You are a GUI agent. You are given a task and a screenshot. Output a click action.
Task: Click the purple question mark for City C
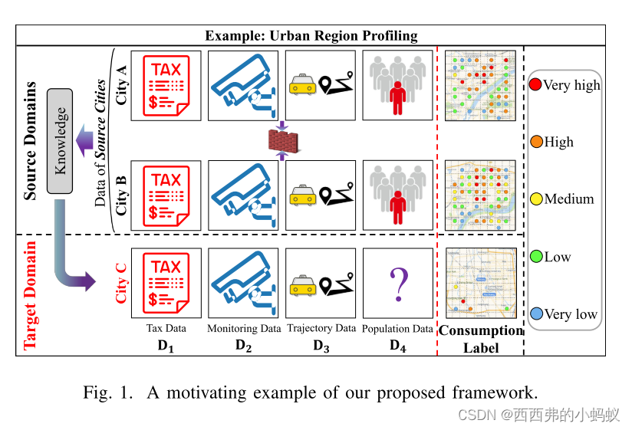click(397, 283)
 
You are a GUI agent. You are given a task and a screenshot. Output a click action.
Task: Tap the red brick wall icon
click(281, 141)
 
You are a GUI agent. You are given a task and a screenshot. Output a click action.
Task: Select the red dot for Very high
click(535, 84)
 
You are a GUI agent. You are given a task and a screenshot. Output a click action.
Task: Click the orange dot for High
click(536, 142)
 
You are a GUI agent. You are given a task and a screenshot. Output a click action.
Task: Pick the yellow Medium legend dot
click(536, 199)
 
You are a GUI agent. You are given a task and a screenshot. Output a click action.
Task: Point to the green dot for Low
click(536, 257)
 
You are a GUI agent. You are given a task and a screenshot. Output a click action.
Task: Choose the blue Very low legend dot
click(536, 313)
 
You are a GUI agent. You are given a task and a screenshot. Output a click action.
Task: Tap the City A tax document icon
click(166, 85)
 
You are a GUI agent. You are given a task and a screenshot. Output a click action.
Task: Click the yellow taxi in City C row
click(303, 286)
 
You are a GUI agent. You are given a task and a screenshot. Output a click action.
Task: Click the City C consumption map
click(479, 283)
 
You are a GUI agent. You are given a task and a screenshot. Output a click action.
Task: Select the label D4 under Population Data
click(397, 345)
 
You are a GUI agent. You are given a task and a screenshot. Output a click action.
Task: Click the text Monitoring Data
click(244, 329)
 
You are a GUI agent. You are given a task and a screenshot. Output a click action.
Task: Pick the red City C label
click(121, 281)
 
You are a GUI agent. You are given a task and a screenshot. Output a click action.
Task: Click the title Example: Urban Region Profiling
click(311, 35)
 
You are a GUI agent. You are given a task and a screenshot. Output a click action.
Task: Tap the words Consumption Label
click(481, 339)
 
